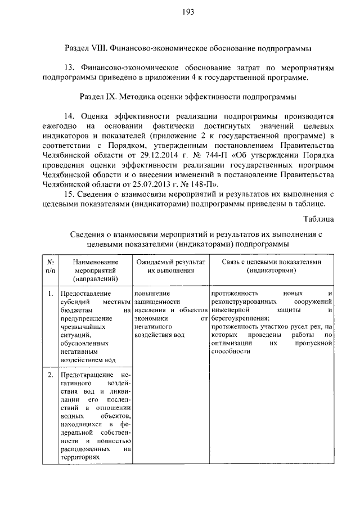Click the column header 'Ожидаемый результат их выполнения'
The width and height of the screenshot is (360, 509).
(x=170, y=266)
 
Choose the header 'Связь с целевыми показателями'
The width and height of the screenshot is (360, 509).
(x=271, y=262)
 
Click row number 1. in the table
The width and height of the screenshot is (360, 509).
(x=50, y=293)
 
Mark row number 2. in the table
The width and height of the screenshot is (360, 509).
(x=50, y=375)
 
